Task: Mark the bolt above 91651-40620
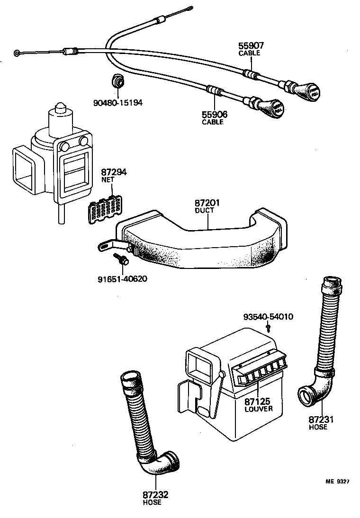coord(121,259)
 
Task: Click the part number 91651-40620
coord(119,278)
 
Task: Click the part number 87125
coord(257,402)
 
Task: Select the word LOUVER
coord(259,409)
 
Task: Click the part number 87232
coord(155,495)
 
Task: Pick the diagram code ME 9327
coord(337,482)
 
